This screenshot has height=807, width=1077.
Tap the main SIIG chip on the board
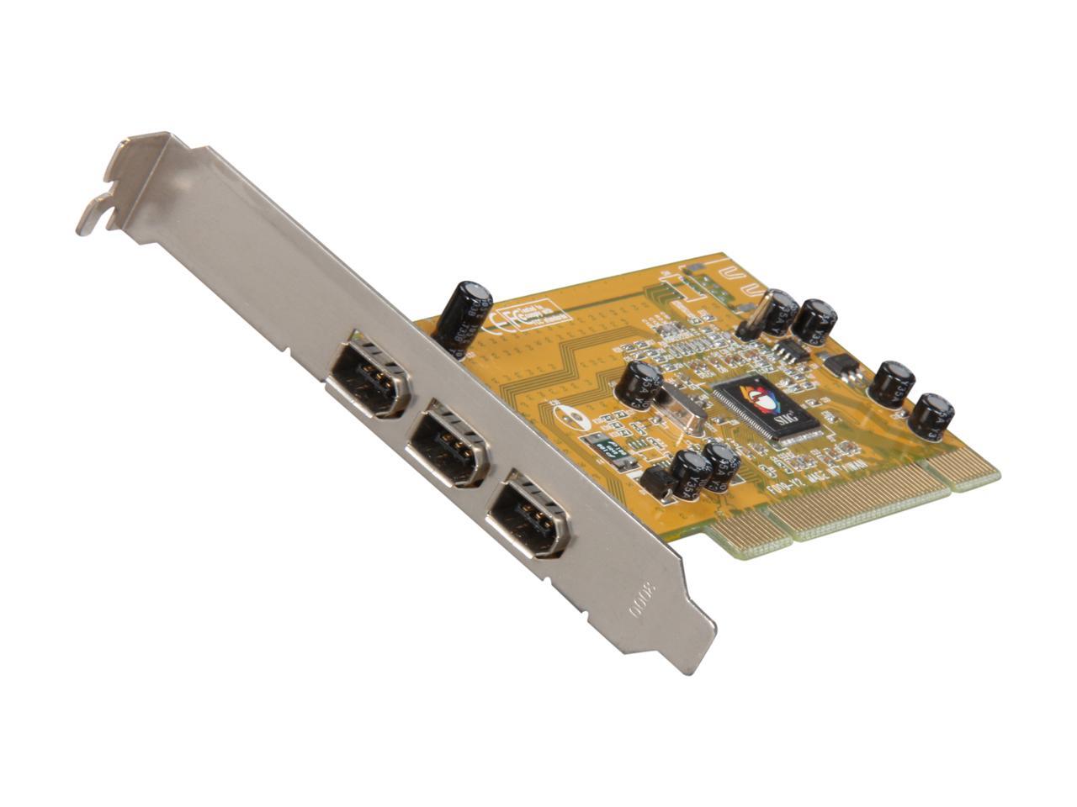(766, 407)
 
